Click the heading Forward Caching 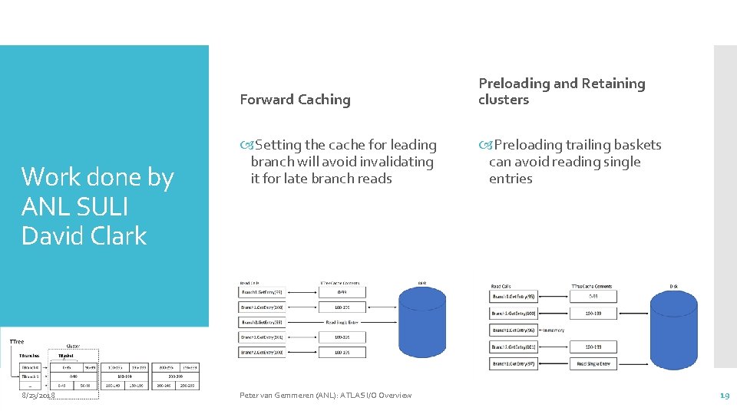[x=295, y=100]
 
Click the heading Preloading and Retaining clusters [x=561, y=91]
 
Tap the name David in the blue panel [x=53, y=236]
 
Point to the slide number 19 [x=724, y=396]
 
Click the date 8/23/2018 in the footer [x=38, y=396]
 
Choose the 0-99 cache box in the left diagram [x=342, y=292]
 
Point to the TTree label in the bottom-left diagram [x=17, y=341]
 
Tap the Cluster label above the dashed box [x=74, y=346]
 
